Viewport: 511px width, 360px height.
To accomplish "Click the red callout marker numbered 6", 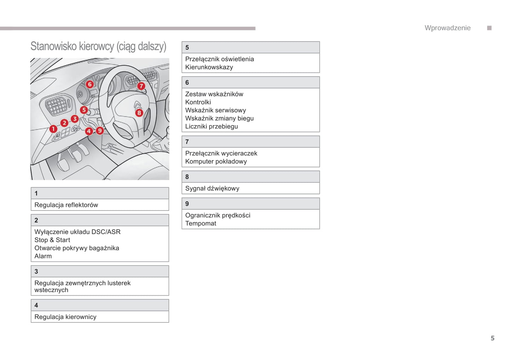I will tap(90, 84).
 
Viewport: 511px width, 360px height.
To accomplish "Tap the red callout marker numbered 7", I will tap(141, 86).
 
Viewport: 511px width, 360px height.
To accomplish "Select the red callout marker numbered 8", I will tap(139, 113).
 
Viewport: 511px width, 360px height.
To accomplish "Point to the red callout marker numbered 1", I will tap(53, 129).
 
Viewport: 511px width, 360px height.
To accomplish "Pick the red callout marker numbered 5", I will tap(84, 110).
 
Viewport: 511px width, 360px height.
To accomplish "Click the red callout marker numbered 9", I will tap(100, 131).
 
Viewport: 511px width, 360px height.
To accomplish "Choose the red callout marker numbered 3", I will tap(75, 119).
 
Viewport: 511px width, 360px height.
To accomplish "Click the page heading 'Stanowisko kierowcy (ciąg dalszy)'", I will tap(98, 46).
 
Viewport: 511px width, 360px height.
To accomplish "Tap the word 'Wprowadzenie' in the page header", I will tap(447, 28).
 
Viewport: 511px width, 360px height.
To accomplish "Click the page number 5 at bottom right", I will tap(492, 338).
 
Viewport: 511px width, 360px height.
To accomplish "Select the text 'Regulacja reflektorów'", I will tap(66, 205).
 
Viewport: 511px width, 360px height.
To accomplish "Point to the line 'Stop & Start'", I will tap(52, 240).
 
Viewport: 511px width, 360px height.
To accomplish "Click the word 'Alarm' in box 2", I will tap(43, 256).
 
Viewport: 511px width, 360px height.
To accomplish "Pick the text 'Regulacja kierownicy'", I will tap(65, 317).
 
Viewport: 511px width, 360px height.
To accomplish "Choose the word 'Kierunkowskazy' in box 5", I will tap(209, 67).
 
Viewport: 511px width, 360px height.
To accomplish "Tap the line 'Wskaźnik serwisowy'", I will tap(215, 110).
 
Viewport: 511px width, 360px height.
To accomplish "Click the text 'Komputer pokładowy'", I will tap(216, 161).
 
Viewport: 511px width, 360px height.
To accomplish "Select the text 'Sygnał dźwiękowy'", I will tap(212, 188).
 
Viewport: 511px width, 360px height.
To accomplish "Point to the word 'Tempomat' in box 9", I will tap(201, 223).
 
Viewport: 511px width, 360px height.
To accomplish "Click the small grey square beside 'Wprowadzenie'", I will tap(489, 28).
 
